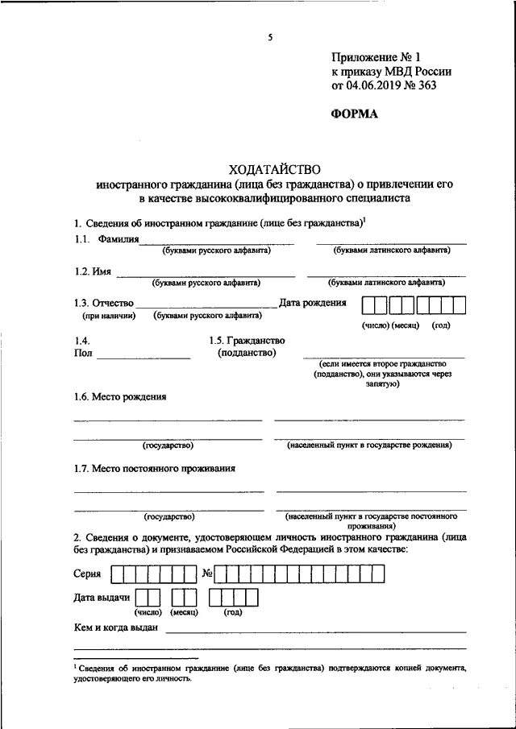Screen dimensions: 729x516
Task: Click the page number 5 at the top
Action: (271, 38)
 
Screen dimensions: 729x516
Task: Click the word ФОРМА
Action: (354, 114)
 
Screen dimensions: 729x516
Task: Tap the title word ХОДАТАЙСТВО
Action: (274, 169)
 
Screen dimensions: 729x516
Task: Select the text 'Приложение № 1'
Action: (377, 57)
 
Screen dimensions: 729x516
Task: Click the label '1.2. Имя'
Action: (92, 272)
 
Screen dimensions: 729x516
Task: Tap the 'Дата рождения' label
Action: (313, 303)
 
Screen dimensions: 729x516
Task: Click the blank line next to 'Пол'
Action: (144, 355)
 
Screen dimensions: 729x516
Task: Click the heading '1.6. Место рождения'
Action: (120, 396)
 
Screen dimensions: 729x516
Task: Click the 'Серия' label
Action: (87, 574)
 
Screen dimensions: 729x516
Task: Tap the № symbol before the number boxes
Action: (207, 574)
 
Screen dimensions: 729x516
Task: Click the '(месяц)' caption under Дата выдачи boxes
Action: (184, 612)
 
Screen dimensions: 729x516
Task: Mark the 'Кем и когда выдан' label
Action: (115, 628)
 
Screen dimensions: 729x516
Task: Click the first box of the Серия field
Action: (118, 574)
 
